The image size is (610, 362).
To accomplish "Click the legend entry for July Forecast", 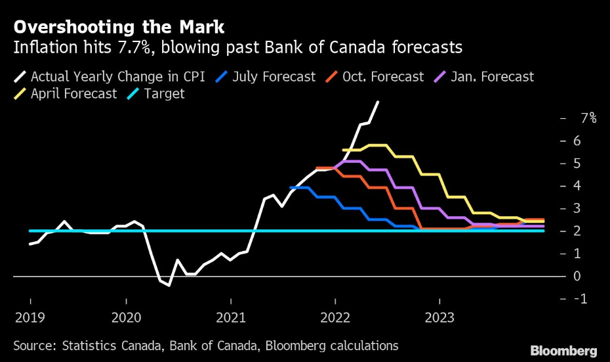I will (270, 77).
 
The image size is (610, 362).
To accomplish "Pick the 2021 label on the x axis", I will (230, 318).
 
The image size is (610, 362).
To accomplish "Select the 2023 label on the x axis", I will (439, 318).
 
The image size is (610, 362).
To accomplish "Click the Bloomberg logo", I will (563, 350).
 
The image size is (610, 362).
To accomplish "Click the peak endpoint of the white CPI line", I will (378, 102).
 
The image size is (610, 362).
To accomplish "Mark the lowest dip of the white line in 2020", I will (169, 285).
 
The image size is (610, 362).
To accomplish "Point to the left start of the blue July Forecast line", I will (291, 188).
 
